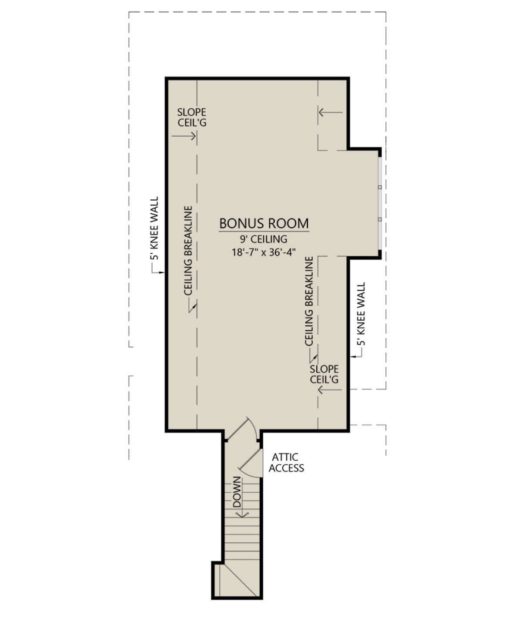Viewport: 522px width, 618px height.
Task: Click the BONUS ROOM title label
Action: (264, 223)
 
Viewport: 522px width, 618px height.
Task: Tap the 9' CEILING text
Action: (263, 238)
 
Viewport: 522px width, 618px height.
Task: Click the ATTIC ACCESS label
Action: (286, 462)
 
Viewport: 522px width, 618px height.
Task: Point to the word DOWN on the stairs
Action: (237, 492)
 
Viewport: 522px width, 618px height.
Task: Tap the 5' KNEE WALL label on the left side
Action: (154, 228)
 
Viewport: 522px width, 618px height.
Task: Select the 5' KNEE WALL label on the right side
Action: (361, 313)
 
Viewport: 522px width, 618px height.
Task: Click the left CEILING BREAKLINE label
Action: (188, 250)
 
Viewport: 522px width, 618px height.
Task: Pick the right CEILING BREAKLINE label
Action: (309, 301)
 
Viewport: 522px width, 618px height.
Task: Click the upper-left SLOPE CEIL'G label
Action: (192, 117)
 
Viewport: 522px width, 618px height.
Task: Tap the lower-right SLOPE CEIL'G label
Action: (324, 374)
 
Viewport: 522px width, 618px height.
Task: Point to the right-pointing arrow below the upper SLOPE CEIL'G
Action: (184, 136)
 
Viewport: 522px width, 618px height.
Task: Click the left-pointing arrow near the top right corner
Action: (331, 112)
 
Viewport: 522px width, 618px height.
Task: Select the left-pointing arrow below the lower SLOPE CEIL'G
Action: (330, 390)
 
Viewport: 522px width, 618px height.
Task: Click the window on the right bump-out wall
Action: (380, 203)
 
